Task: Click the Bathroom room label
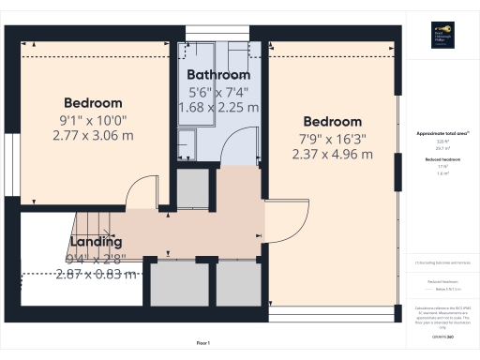(x=218, y=75)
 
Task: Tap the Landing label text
(x=97, y=241)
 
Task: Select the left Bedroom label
(x=93, y=102)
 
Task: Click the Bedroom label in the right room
(x=331, y=122)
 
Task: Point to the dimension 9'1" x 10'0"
(x=93, y=119)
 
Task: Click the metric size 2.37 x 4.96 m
(x=331, y=155)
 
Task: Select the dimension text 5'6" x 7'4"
(x=218, y=92)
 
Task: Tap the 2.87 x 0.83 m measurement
(x=96, y=275)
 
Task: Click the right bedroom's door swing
(x=285, y=223)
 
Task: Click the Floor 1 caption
(x=202, y=344)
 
